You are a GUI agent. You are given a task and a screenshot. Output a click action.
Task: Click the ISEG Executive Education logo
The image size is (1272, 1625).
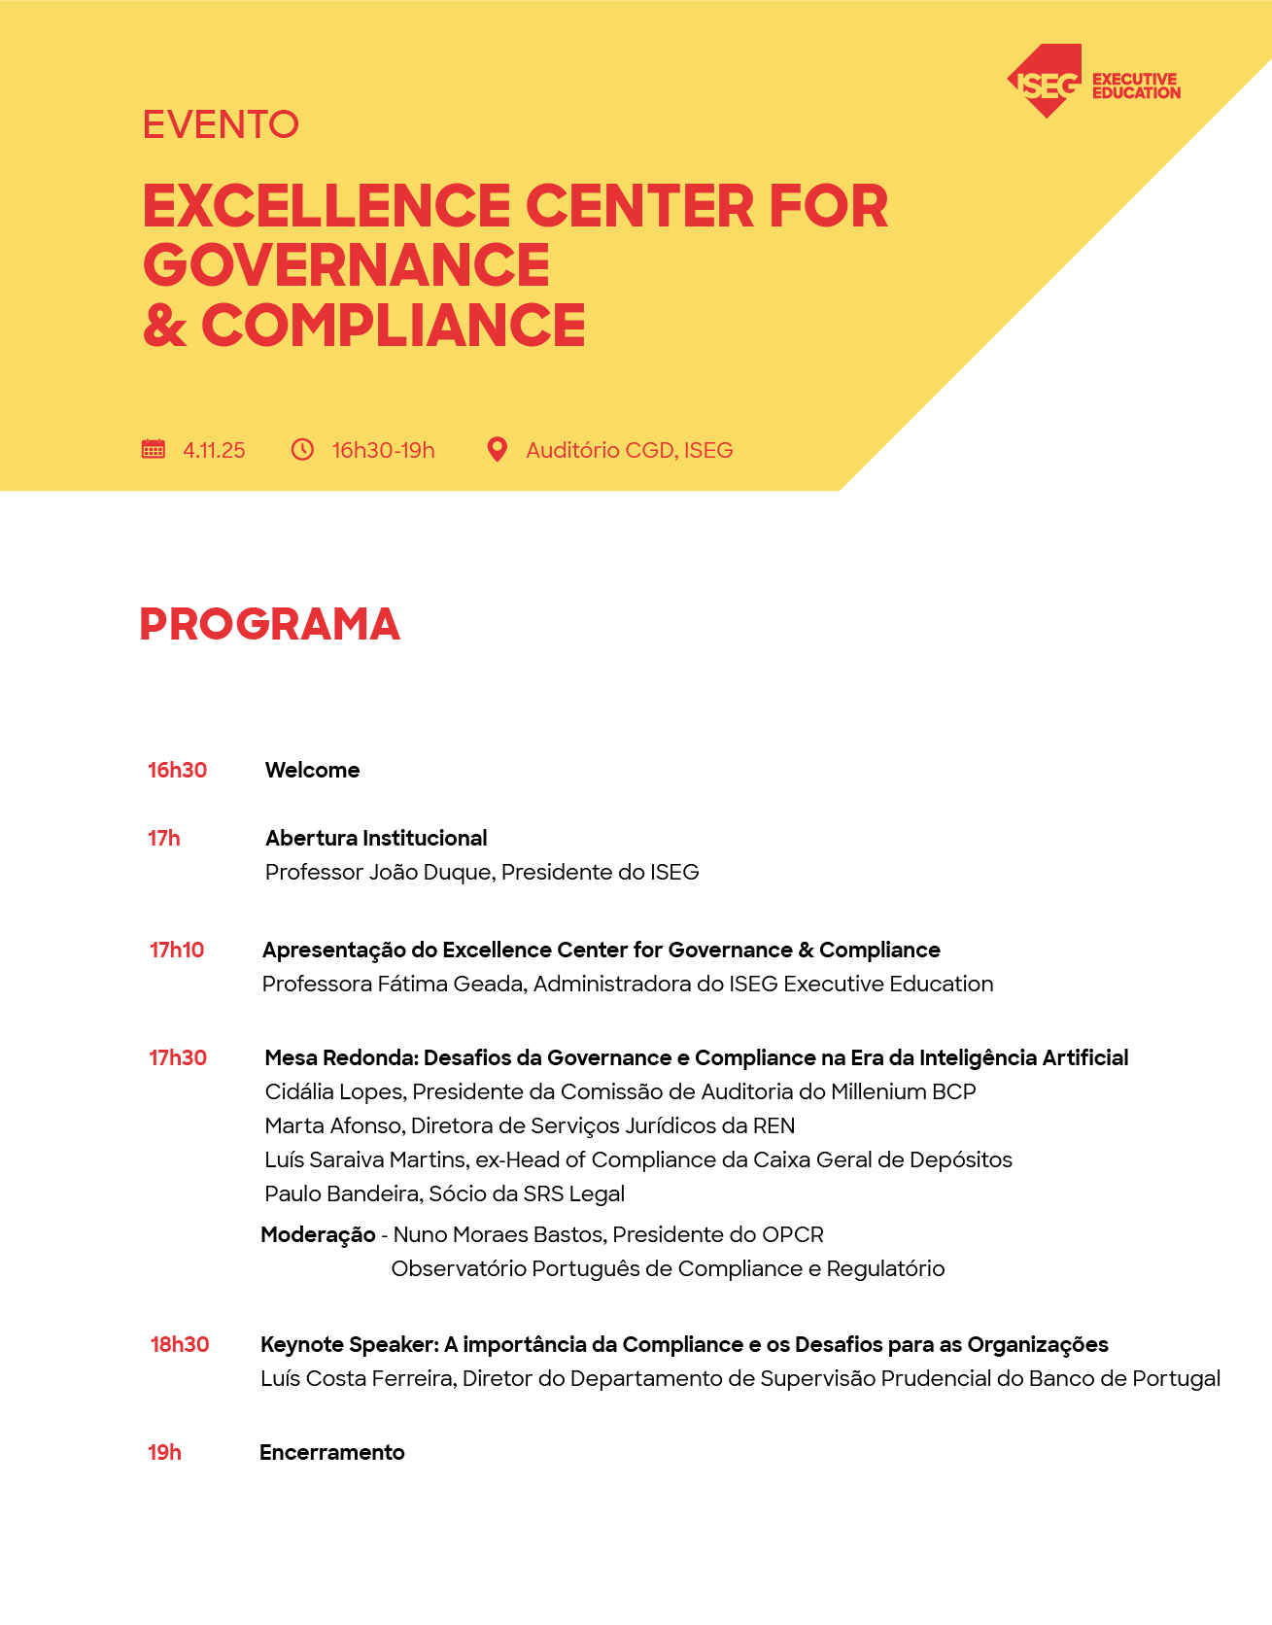pos(1092,83)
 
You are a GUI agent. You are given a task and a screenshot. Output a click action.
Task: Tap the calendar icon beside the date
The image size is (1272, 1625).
pos(154,449)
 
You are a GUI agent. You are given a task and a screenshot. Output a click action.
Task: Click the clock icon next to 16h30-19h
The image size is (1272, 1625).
pos(303,449)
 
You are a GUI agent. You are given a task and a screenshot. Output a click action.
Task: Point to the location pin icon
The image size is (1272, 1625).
pos(497,449)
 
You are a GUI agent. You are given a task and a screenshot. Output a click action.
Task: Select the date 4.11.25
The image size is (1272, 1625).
pos(214,450)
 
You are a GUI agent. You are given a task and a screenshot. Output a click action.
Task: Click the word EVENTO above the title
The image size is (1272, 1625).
pos(221,124)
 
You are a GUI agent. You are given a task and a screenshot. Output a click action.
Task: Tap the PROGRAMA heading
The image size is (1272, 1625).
pos(269,624)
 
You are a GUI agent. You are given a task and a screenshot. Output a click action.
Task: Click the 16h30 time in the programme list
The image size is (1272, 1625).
pos(177,770)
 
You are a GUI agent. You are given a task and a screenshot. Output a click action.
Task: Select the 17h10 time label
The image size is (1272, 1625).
pos(177,950)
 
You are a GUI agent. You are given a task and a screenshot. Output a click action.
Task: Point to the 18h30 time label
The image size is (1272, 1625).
pos(180,1344)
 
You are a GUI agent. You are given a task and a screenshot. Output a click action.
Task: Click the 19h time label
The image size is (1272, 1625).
pos(164,1452)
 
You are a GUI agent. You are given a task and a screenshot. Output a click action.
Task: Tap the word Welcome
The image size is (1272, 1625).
pos(312,770)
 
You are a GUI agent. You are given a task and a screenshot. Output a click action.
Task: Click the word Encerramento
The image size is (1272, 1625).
pos(331,1452)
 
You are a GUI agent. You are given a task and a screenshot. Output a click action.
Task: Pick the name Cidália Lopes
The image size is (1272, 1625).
pos(334,1091)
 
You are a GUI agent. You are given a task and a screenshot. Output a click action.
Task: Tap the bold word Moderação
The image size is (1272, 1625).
pos(318,1234)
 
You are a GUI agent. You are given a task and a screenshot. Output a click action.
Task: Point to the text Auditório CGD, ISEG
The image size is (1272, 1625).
pos(629,450)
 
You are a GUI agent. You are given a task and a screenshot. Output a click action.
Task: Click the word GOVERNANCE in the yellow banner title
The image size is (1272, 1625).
pos(346,264)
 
